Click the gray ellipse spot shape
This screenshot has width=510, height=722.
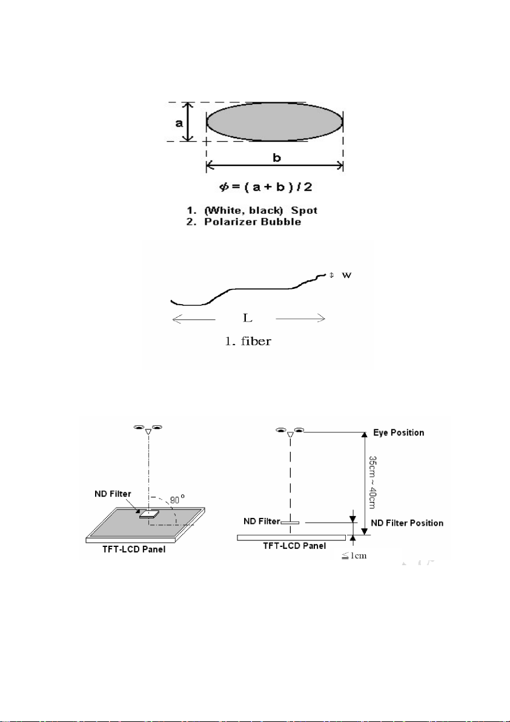tap(274, 122)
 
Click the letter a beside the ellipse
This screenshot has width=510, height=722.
tap(179, 123)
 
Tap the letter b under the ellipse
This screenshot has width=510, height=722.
tap(277, 158)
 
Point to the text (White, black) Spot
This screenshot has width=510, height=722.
tap(260, 210)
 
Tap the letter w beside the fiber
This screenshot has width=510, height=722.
tap(346, 276)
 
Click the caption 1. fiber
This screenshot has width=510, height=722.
tap(248, 342)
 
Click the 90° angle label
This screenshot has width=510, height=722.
tap(177, 500)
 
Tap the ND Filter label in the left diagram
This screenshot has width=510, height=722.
tap(111, 494)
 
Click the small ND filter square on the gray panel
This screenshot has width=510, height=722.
tap(148, 515)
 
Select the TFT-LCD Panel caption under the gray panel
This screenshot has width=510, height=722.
tap(134, 549)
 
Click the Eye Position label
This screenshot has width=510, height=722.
tap(399, 433)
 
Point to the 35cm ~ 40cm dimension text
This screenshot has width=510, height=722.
tap(373, 483)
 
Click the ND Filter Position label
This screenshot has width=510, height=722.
tap(407, 523)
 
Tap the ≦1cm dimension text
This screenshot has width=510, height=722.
tap(354, 555)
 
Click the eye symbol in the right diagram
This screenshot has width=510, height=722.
tap(290, 432)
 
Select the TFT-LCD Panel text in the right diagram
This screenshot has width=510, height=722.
tap(294, 546)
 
